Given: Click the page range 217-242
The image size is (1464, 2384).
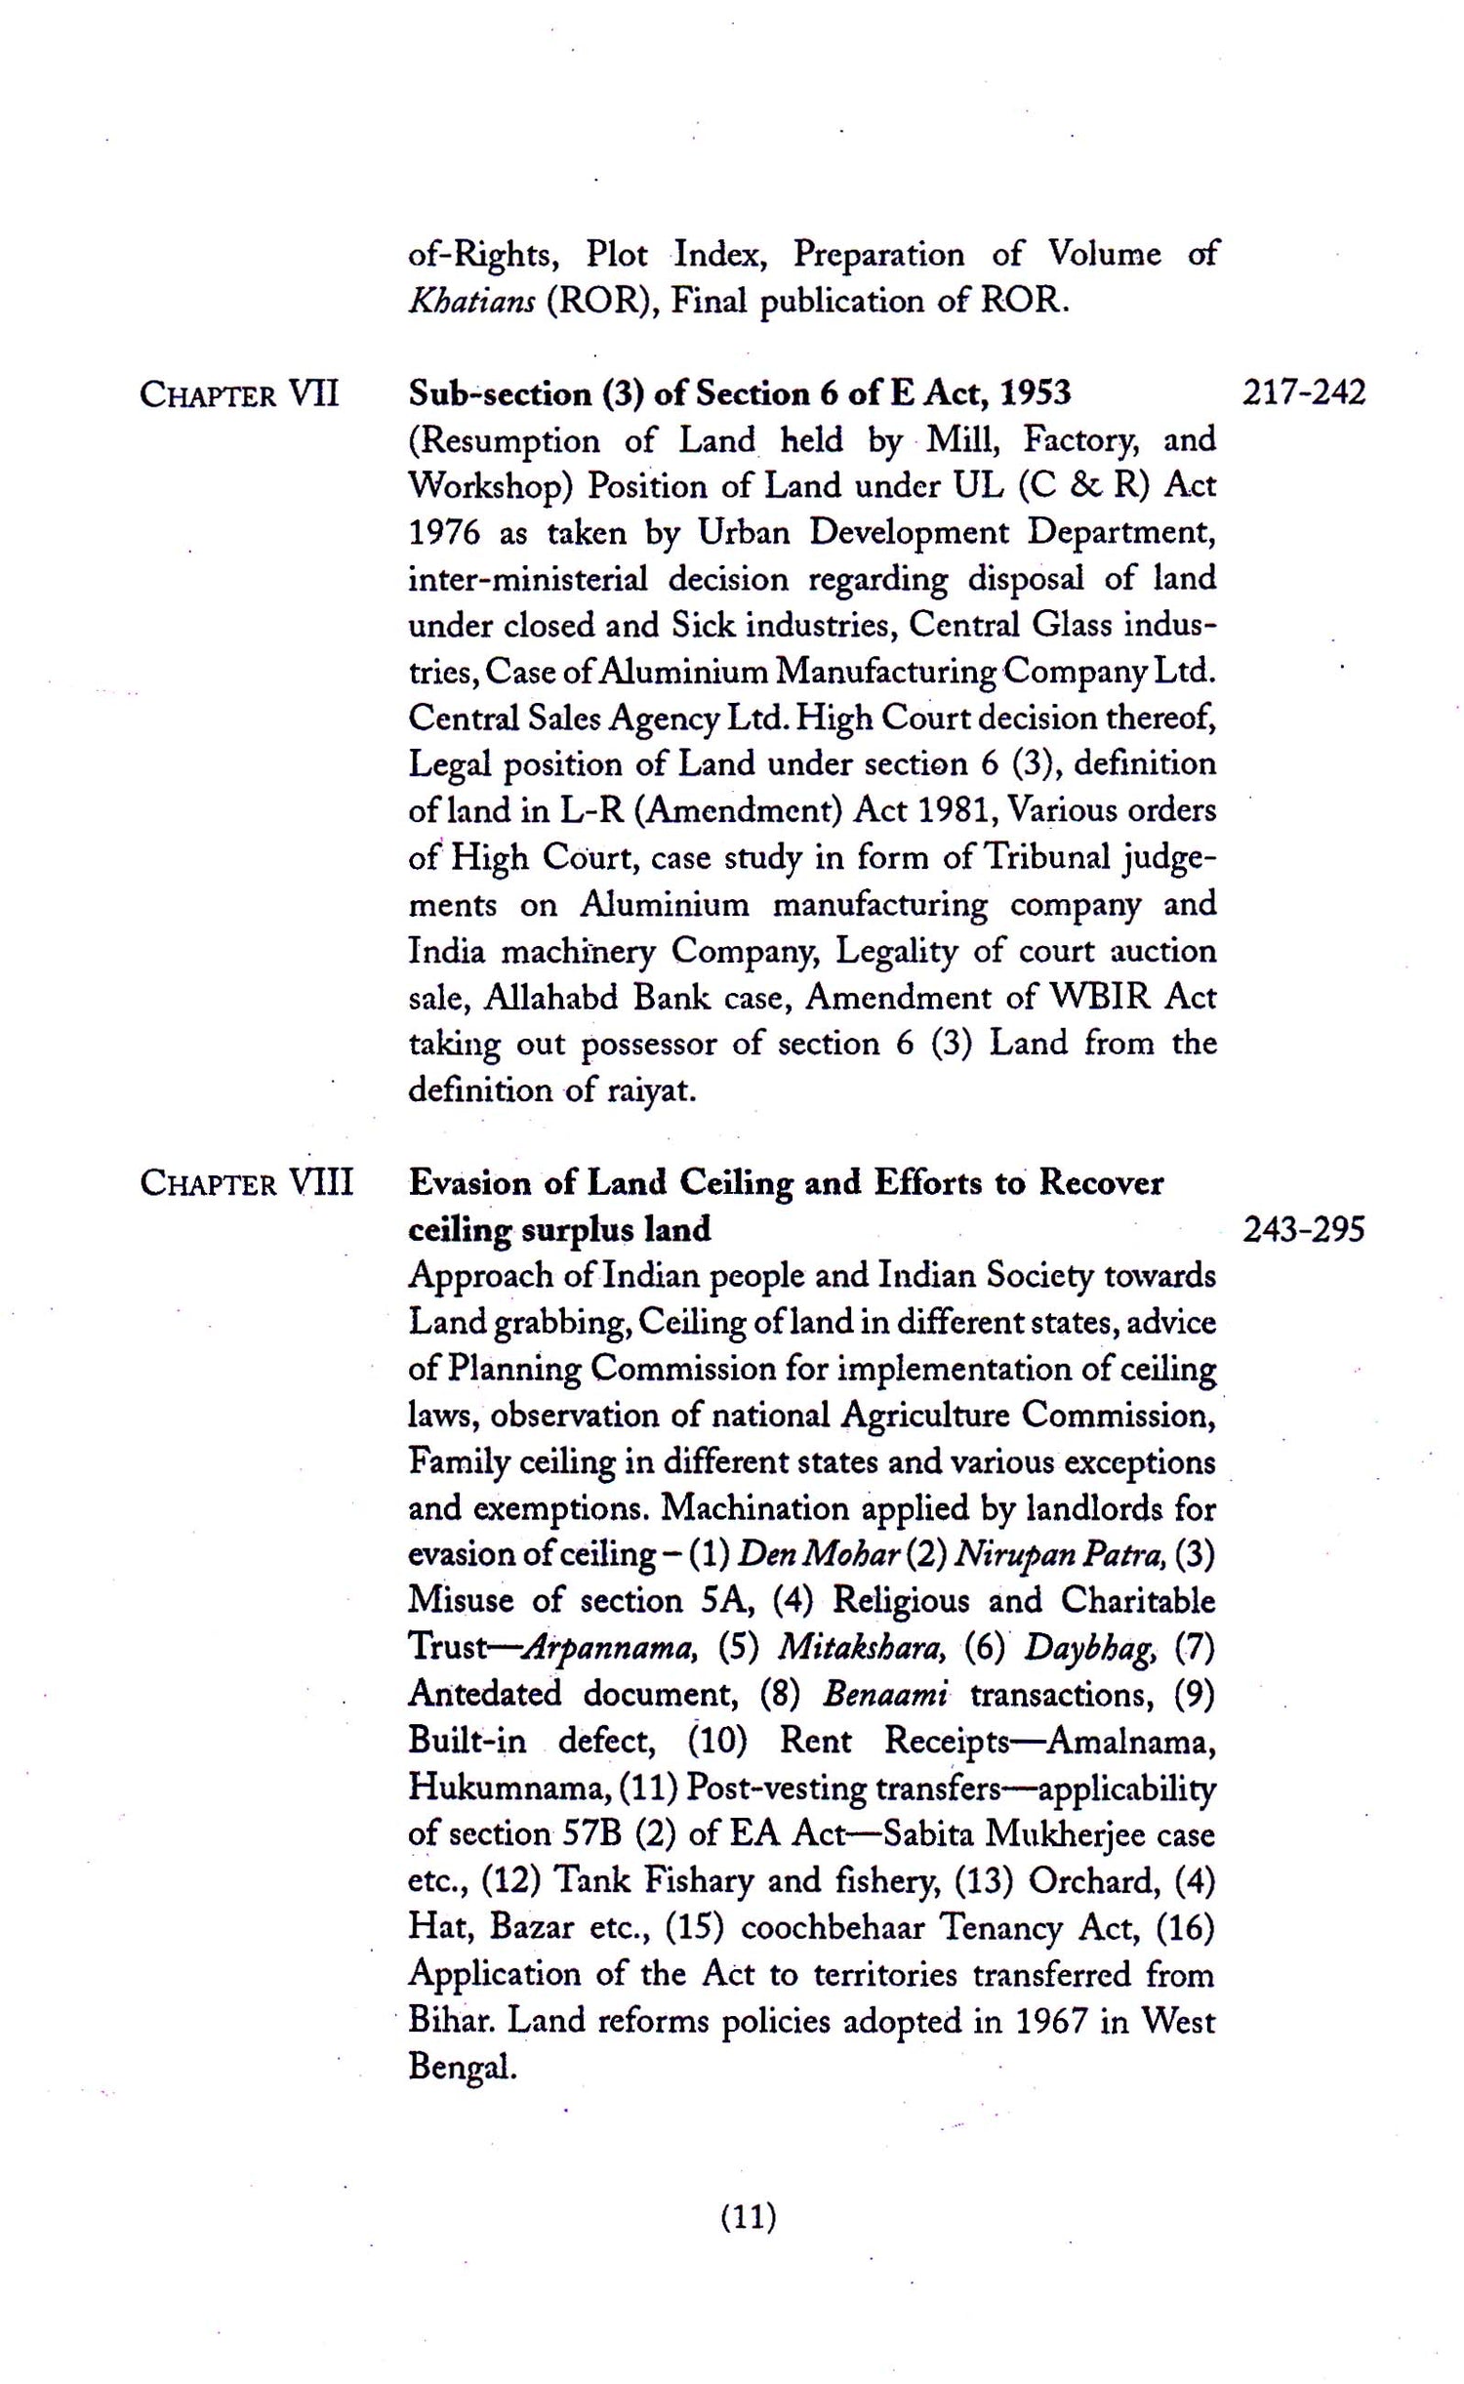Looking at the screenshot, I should point(1304,393).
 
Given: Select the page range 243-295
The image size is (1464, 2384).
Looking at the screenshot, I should point(1304,1230).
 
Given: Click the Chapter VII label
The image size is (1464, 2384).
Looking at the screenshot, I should point(239,395).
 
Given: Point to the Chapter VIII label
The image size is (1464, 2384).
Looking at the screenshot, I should point(246,1183).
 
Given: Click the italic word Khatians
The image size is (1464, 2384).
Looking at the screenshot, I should point(470,301).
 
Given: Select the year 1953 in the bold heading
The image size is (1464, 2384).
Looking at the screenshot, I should point(1036,393).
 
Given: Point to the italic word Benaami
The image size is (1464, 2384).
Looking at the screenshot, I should point(884,1695).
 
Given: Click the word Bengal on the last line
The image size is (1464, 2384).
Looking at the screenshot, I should point(461,2068).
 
